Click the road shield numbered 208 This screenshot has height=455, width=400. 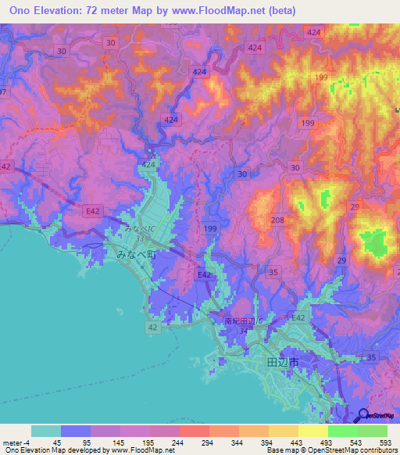(x=277, y=221)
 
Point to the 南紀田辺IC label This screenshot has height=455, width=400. (x=241, y=321)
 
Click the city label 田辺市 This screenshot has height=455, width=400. (x=282, y=363)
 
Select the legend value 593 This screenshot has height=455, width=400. (x=387, y=442)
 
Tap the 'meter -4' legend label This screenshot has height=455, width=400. (x=16, y=442)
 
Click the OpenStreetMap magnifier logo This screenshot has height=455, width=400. (x=362, y=416)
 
